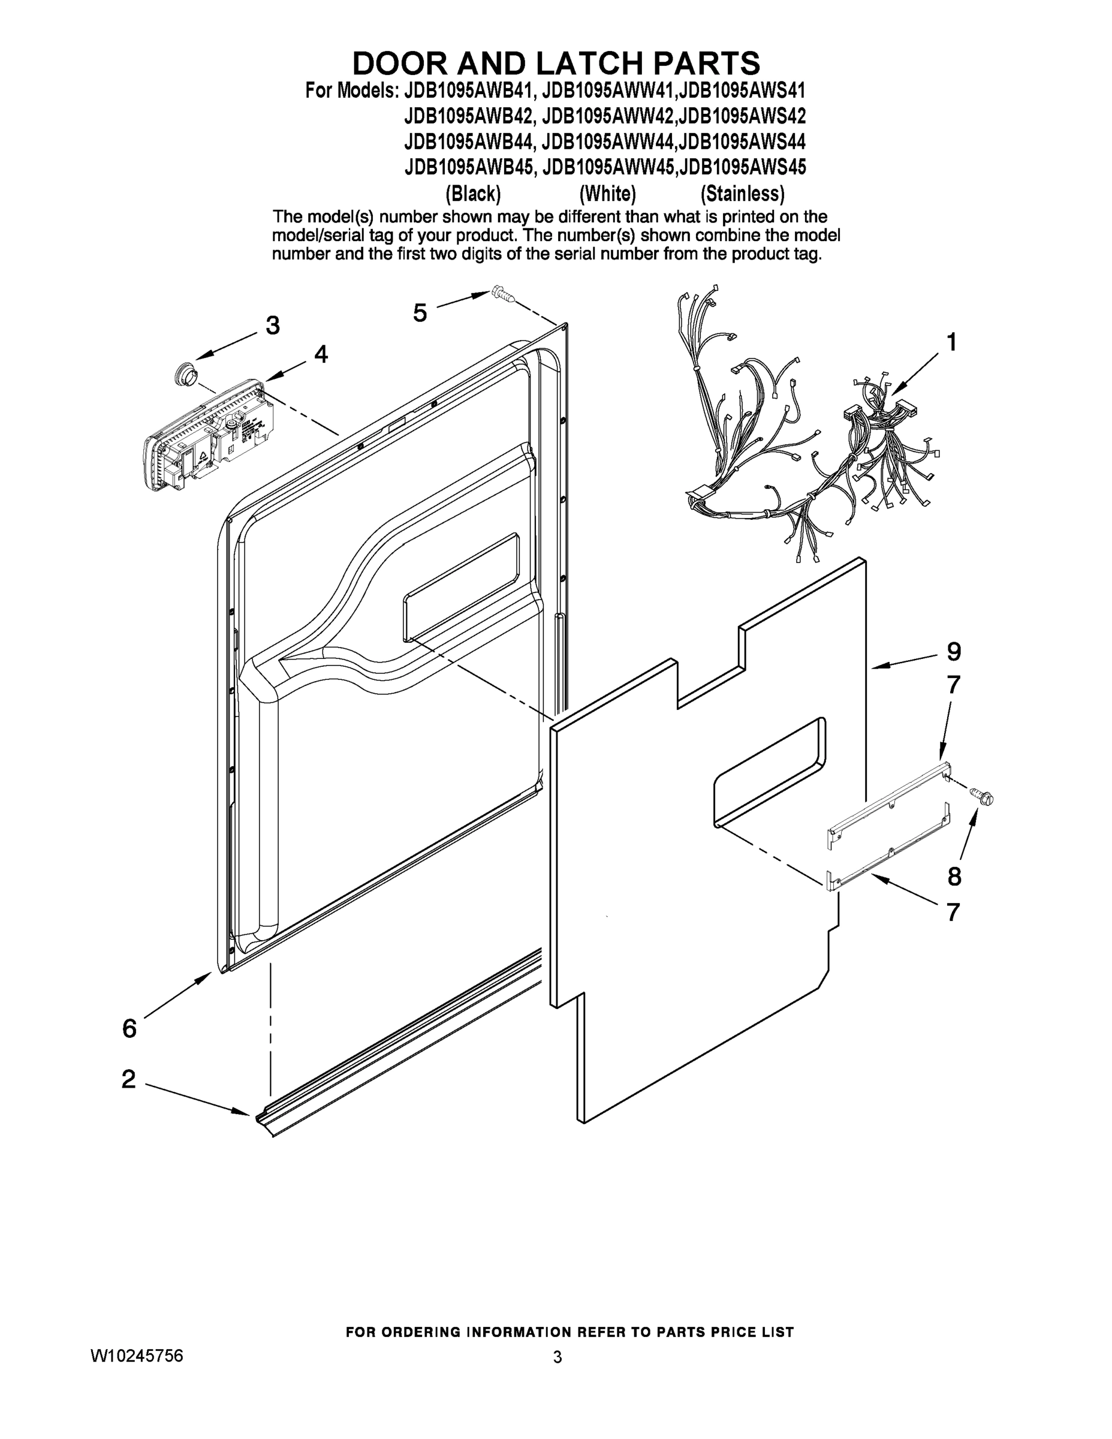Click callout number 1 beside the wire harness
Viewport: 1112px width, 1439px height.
click(x=952, y=342)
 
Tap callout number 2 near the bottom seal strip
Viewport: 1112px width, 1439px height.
click(x=129, y=1079)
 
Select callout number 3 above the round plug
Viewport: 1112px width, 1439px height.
click(x=273, y=325)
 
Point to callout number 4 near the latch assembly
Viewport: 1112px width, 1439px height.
click(x=321, y=354)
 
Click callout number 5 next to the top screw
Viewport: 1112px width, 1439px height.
click(x=420, y=312)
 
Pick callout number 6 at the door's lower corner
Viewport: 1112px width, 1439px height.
click(x=129, y=1028)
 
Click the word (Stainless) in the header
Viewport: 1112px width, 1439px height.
click(x=742, y=194)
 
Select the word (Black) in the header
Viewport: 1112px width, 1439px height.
click(x=473, y=194)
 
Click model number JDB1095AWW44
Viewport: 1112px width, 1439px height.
click(x=608, y=142)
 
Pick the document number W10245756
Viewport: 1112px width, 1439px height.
click(x=137, y=1356)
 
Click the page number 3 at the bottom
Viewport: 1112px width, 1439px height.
click(x=557, y=1357)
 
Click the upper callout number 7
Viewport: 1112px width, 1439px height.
click(x=953, y=685)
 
